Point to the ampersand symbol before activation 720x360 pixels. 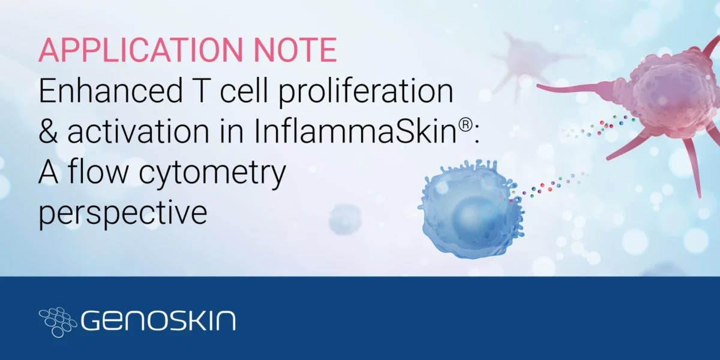click(49, 132)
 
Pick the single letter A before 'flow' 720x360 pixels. click(49, 172)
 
